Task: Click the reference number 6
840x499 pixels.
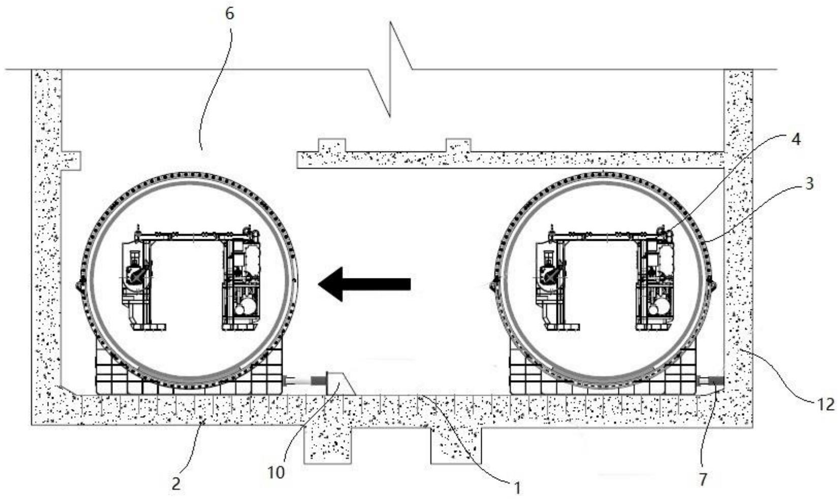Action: [x=230, y=14]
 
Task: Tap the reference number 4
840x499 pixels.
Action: [x=795, y=140]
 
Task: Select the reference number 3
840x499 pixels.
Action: [x=809, y=184]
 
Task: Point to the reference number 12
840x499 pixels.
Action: [x=825, y=404]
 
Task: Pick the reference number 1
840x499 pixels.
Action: [x=517, y=488]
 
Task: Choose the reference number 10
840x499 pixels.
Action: [x=276, y=473]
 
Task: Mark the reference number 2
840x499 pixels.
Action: [x=176, y=484]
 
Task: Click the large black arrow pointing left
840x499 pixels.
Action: [x=364, y=284]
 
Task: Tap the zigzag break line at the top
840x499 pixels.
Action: [x=390, y=69]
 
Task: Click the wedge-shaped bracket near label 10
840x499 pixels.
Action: [x=341, y=384]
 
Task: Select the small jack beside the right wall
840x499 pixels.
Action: [x=710, y=381]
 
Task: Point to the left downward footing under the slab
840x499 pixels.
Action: [x=327, y=445]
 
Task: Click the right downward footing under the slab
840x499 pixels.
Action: [x=456, y=445]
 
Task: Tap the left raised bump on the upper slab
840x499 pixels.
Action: [x=332, y=145]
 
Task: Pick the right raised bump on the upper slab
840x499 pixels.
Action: [x=458, y=145]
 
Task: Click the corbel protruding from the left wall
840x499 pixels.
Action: [x=71, y=161]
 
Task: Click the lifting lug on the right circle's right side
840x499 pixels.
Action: [x=712, y=284]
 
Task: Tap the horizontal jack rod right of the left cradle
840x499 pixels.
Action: [x=304, y=381]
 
